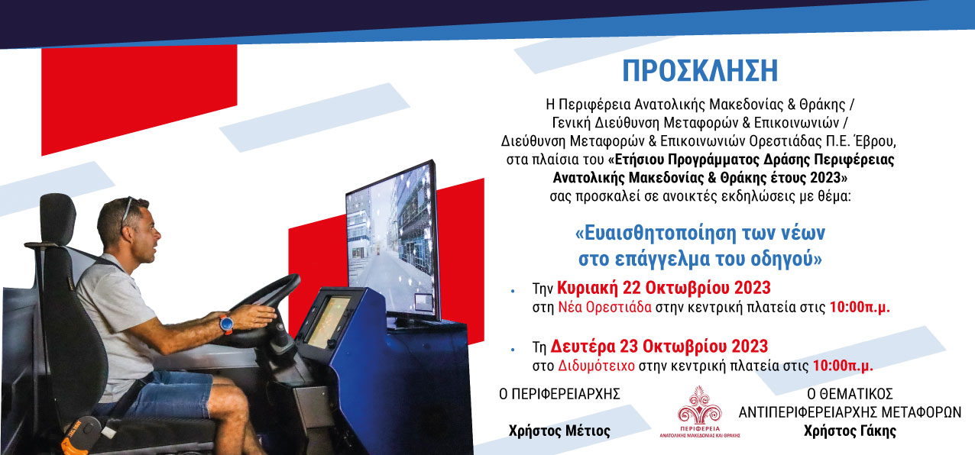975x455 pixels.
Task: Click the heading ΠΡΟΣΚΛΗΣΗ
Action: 700,70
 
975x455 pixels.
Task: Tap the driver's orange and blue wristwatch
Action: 226,324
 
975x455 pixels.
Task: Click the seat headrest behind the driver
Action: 57,218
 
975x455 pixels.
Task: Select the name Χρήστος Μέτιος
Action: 559,431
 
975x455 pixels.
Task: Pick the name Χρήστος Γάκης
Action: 850,431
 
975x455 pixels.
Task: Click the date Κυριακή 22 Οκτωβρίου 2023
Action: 664,288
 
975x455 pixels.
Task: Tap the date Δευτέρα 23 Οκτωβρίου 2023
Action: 659,347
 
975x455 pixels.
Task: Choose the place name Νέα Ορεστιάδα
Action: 605,307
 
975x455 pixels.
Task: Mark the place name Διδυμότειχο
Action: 596,366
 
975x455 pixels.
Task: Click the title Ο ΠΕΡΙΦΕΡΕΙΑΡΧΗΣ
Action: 559,394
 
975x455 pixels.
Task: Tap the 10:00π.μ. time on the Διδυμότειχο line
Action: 843,366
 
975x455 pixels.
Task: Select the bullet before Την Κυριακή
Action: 513,291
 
